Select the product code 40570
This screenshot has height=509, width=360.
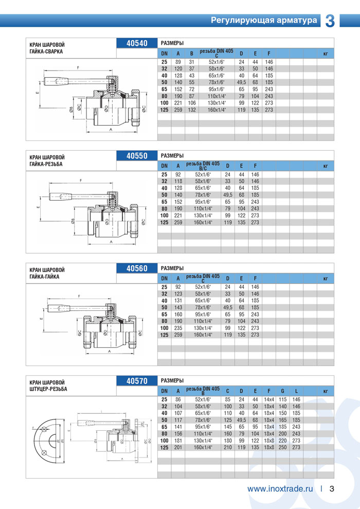pyautogui.click(x=137, y=381)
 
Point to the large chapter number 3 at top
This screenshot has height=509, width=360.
pyautogui.click(x=330, y=21)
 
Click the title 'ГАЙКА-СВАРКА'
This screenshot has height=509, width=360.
pyautogui.click(x=46, y=51)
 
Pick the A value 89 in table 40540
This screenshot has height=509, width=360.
pyautogui.click(x=177, y=62)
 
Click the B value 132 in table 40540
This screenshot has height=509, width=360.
pyautogui.click(x=191, y=109)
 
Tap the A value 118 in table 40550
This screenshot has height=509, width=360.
pyautogui.click(x=178, y=182)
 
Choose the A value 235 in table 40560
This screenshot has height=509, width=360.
pyautogui.click(x=178, y=328)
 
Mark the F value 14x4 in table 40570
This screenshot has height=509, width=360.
pyautogui.click(x=269, y=399)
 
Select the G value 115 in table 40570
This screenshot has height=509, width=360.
pyautogui.click(x=282, y=399)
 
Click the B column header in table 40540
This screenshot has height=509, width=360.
pyautogui.click(x=191, y=53)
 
